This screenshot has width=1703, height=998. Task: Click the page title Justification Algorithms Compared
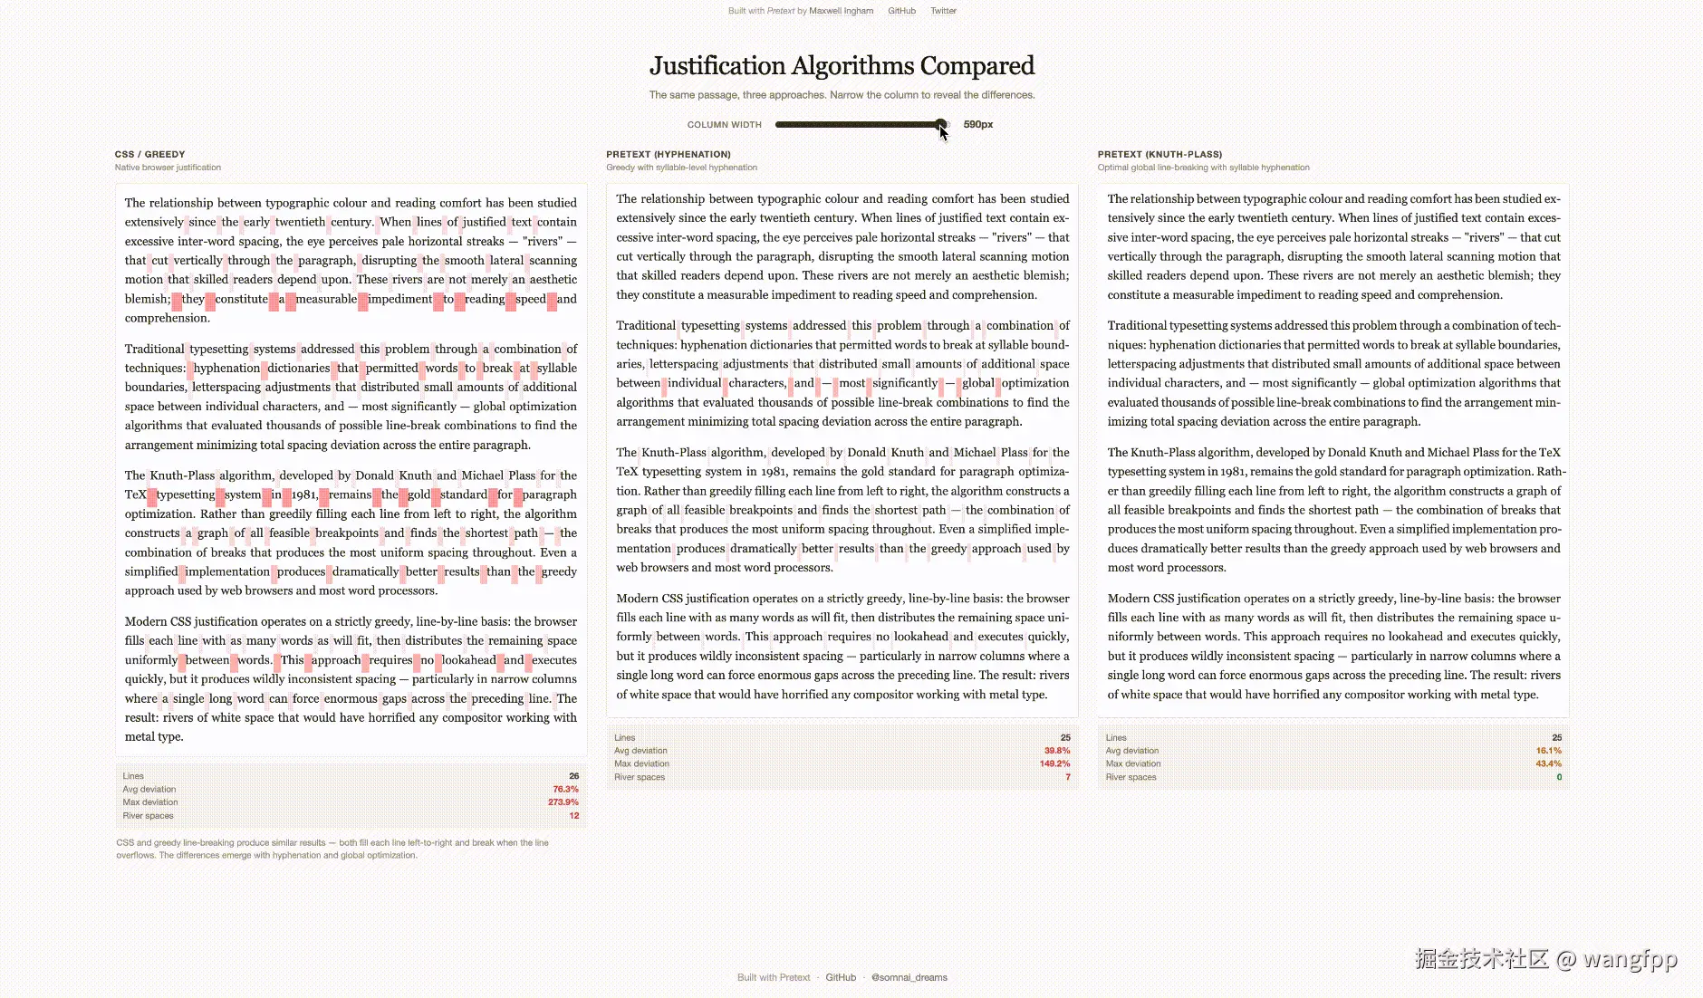(x=842, y=66)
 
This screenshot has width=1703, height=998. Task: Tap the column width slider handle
(x=941, y=124)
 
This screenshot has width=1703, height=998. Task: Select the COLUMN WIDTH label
(x=724, y=125)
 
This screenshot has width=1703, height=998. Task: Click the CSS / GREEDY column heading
(x=149, y=155)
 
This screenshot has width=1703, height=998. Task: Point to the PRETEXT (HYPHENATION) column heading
(x=668, y=155)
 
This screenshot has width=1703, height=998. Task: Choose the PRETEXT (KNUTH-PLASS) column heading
(x=1159, y=155)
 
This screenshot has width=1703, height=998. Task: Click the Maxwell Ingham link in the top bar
(x=841, y=11)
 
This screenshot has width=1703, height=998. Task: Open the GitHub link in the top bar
(x=901, y=11)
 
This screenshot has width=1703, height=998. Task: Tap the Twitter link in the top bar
(x=943, y=11)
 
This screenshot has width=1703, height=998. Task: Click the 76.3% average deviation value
(x=565, y=790)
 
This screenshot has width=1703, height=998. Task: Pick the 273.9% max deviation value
(x=563, y=802)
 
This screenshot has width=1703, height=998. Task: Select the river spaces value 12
(x=573, y=816)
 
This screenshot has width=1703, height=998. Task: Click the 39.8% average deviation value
(x=1056, y=751)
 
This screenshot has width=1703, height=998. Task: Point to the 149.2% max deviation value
(x=1054, y=764)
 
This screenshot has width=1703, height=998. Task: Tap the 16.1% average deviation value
(x=1548, y=751)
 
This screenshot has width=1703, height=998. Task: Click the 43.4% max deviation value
(x=1548, y=764)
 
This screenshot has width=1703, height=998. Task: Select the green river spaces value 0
(x=1558, y=777)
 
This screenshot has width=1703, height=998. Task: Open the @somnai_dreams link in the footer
(x=909, y=978)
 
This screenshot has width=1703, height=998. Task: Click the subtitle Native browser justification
(x=168, y=168)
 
